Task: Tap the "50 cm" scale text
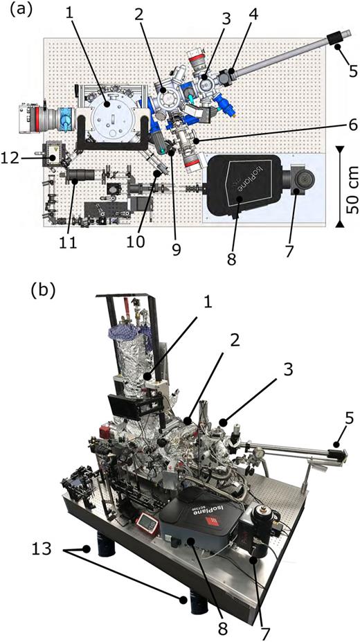[350, 185]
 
